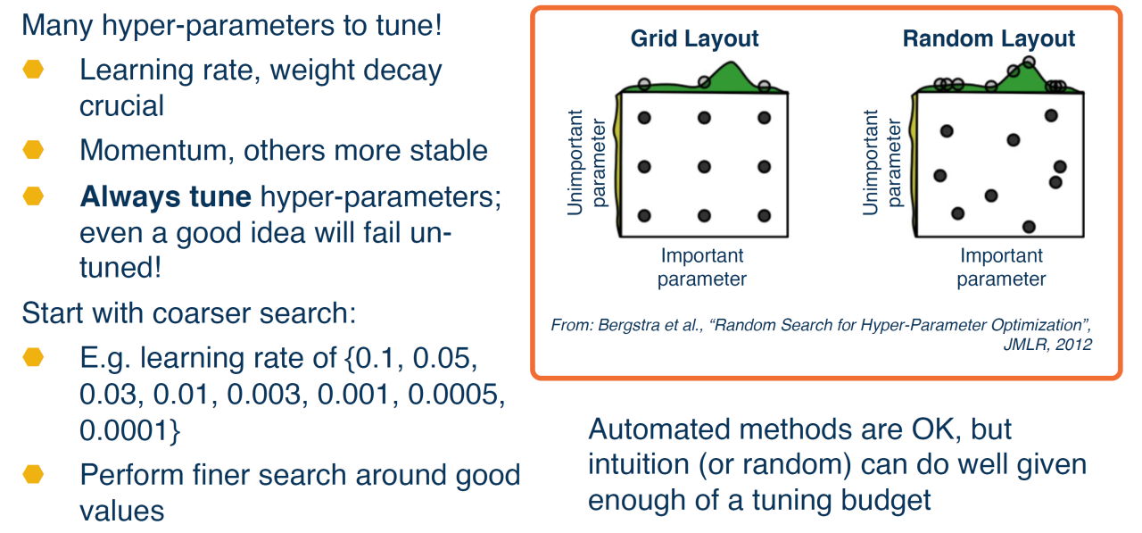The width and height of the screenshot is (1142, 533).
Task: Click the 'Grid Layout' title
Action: tap(694, 39)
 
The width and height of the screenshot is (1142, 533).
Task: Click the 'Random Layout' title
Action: tap(989, 39)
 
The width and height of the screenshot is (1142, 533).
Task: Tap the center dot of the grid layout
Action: tap(704, 166)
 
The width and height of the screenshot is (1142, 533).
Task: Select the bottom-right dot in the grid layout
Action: tap(764, 215)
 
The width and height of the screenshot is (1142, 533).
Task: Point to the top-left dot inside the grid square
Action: tap(644, 118)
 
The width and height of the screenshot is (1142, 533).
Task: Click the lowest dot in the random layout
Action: tap(1030, 227)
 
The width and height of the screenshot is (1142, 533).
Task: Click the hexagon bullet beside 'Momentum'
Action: tap(33, 150)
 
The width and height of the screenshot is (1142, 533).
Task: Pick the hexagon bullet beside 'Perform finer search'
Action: tap(33, 473)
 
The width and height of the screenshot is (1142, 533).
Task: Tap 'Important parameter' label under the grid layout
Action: tap(702, 267)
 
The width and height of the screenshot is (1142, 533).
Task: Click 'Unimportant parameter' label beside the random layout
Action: tap(880, 161)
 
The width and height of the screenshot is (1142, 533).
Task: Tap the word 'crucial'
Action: tap(121, 106)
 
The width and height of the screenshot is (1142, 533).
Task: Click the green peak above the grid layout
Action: tap(733, 71)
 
